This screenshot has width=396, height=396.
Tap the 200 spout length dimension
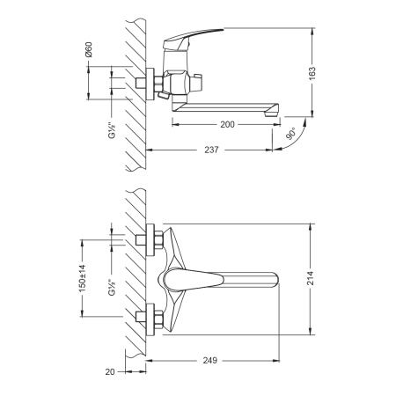[x=227, y=125]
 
